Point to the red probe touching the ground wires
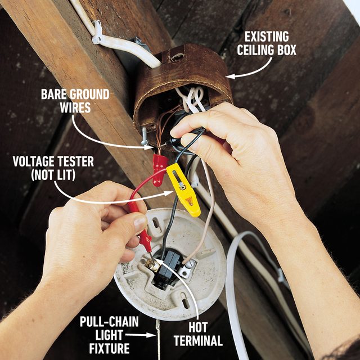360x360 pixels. point(160,164)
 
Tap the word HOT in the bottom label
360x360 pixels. point(198,328)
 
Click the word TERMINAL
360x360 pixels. point(198,341)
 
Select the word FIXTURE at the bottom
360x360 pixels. point(108,348)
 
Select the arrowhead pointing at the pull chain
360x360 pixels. point(152,335)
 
